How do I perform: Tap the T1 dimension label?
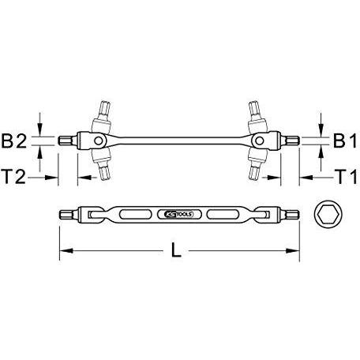tap(341, 175)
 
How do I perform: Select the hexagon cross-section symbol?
tap(324, 213)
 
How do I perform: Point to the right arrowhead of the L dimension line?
tap(298, 253)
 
